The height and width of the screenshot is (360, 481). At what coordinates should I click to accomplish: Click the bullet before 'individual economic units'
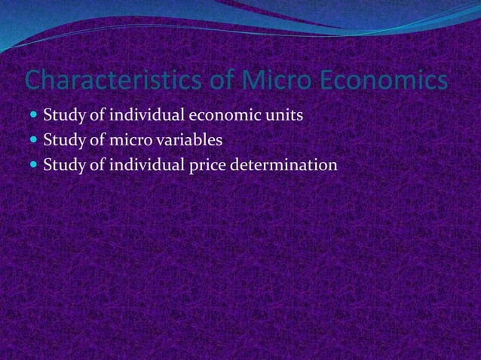35,116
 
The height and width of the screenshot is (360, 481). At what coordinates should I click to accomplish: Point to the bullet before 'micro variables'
35,140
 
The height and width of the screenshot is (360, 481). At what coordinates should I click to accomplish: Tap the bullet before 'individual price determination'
35,164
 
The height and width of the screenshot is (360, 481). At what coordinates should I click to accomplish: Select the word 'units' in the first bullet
287,116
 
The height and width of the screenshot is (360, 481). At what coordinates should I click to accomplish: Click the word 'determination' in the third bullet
284,164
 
